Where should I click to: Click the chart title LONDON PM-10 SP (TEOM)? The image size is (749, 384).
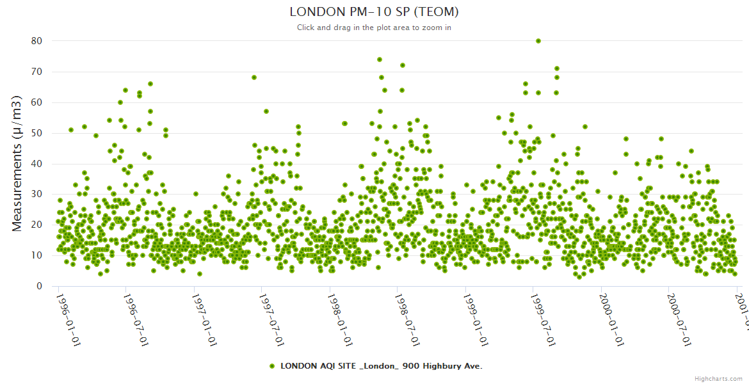pos(374,12)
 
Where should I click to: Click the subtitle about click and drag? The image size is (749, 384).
pos(374,28)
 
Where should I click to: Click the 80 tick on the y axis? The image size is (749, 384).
pos(36,41)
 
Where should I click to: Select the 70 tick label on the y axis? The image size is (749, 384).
pos(36,72)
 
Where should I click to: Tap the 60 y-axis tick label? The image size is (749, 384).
pos(36,102)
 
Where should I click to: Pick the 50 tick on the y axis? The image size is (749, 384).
pos(36,133)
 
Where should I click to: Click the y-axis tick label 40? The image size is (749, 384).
pos(36,164)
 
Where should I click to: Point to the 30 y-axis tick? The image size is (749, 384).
pos(36,195)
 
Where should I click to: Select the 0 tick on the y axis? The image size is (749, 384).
pos(39,286)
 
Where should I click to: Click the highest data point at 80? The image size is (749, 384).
pos(538,41)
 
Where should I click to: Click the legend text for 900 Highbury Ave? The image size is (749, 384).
pos(381,366)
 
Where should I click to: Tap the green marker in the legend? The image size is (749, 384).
pos(272,366)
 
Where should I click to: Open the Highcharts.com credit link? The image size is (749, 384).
pos(718,379)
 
